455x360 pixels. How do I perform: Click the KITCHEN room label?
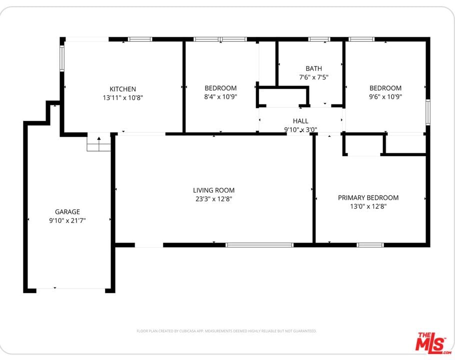pos(122,89)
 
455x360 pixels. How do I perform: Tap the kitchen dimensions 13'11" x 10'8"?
pos(122,98)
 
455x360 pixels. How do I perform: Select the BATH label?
pos(313,68)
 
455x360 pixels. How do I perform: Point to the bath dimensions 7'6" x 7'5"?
pos(313,77)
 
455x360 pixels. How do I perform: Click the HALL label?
pos(300,121)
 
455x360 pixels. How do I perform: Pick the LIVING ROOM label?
pos(214,190)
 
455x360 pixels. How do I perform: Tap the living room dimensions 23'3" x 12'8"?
pos(214,199)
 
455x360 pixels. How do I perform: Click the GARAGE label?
pos(67,212)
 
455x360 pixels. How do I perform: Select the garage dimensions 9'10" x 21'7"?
pos(67,220)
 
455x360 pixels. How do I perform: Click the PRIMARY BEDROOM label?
pos(368,198)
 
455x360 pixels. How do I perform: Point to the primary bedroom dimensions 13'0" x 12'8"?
pos(368,206)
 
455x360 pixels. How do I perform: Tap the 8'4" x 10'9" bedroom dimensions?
pos(220,97)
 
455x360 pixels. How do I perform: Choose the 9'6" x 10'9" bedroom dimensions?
pos(385,97)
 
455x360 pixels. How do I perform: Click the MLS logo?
pos(433,343)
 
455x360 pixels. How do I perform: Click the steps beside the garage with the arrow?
pos(99,144)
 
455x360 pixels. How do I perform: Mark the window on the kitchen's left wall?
pos(62,58)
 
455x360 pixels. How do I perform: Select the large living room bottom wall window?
pos(259,245)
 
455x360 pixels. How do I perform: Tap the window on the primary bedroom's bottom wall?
pos(370,245)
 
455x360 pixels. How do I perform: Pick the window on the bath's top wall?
pos(319,39)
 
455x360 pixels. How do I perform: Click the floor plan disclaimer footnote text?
pos(226,331)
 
